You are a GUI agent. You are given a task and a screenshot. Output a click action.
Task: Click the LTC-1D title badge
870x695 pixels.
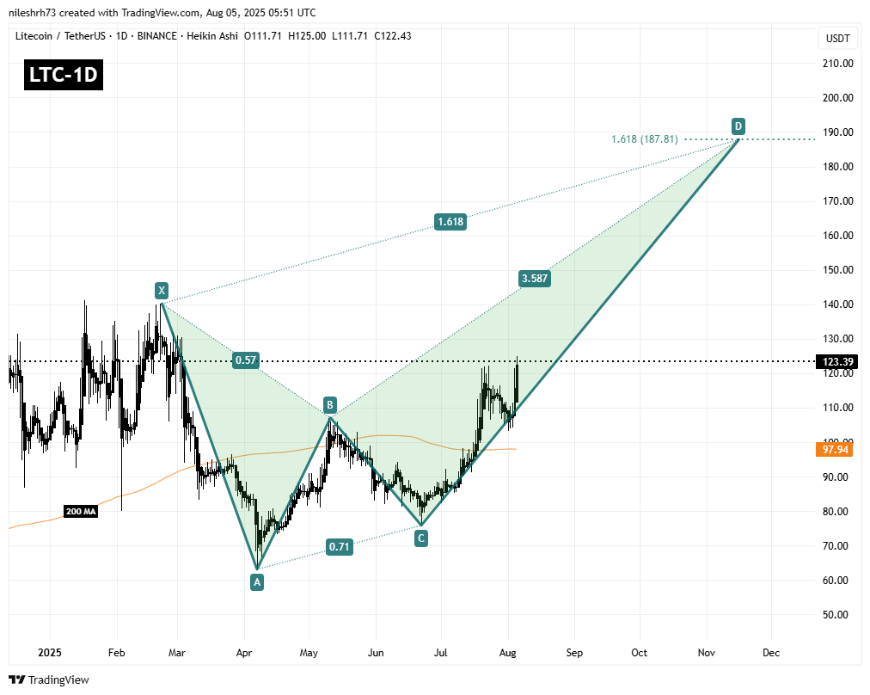click(63, 76)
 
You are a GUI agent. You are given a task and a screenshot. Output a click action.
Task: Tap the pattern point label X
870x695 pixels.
click(161, 290)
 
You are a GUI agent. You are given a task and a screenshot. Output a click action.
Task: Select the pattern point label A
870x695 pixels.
click(257, 582)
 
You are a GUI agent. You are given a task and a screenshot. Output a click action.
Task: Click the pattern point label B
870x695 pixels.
click(329, 404)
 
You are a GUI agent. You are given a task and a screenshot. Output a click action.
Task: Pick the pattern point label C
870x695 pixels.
click(420, 538)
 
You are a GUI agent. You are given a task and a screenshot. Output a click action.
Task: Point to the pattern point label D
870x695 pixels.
click(738, 126)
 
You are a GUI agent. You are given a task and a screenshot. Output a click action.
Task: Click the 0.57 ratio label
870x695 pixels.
click(247, 360)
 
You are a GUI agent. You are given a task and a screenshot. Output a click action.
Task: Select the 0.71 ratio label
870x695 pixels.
click(339, 545)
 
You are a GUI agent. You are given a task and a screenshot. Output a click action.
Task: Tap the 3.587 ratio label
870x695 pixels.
click(533, 278)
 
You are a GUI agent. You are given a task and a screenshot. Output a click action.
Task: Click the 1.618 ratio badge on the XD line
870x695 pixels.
click(450, 222)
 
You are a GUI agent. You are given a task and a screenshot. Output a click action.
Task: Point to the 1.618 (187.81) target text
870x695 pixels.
click(644, 138)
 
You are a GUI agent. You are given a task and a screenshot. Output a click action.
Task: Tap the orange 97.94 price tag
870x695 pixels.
click(833, 449)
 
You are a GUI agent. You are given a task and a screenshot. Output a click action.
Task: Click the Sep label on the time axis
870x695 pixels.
click(574, 653)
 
